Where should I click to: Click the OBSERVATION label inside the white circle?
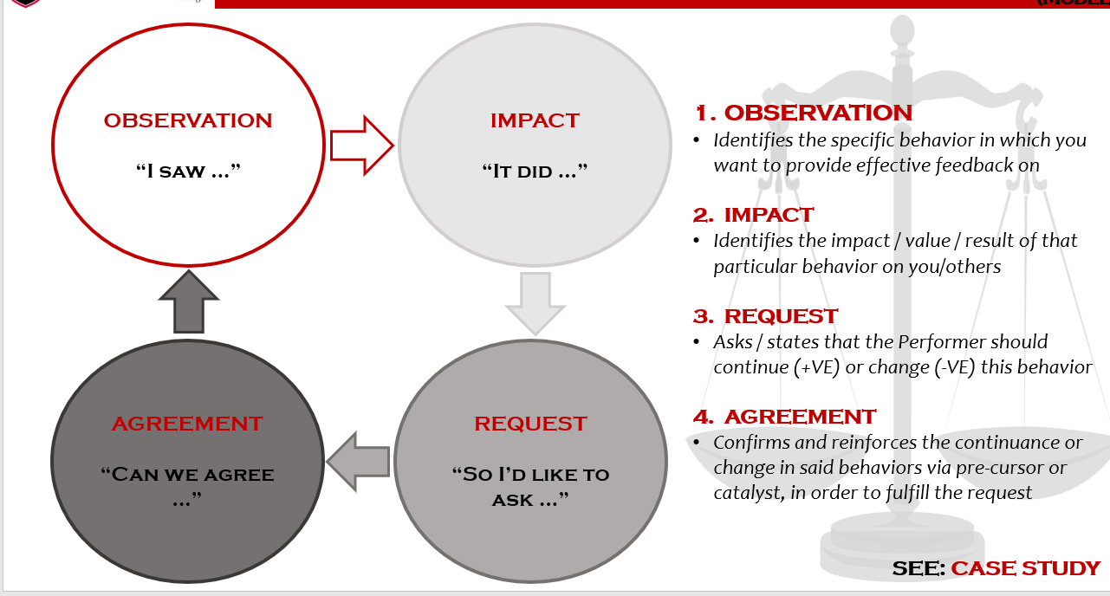tap(188, 120)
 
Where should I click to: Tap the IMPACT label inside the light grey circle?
tap(535, 120)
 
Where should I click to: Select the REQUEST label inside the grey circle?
tap(530, 424)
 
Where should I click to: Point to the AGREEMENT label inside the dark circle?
tap(187, 424)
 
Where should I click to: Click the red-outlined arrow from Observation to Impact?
tap(361, 145)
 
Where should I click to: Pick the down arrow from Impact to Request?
tap(536, 302)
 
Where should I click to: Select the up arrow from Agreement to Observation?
tap(189, 301)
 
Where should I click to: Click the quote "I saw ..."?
tap(188, 172)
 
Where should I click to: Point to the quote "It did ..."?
tap(535, 172)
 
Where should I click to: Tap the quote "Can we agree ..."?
tap(188, 485)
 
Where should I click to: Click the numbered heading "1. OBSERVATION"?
tap(803, 113)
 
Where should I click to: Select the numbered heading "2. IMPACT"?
tap(754, 215)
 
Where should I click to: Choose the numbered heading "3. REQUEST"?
tap(766, 316)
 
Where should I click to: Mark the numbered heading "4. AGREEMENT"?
tap(785, 417)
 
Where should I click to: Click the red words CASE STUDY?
tap(1025, 568)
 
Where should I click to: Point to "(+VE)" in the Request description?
tap(815, 366)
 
